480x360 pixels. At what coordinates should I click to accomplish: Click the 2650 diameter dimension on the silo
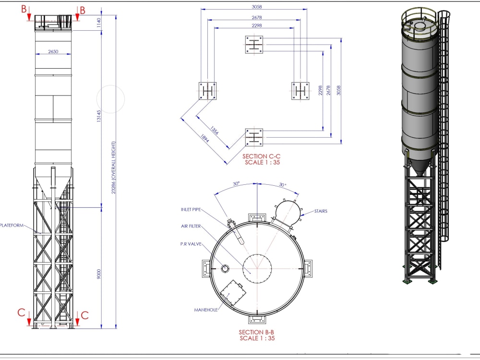[x=53, y=51]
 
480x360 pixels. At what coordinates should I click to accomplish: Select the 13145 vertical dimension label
[x=99, y=115]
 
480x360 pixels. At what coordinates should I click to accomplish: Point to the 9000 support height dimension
[x=99, y=274]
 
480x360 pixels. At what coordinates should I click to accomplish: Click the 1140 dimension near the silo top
[x=99, y=22]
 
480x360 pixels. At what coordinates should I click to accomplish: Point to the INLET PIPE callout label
[x=191, y=210]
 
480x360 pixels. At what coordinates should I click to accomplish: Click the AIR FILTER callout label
[x=191, y=226]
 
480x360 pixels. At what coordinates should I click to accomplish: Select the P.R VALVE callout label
[x=191, y=243]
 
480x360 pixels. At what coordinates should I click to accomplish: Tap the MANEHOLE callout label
[x=206, y=310]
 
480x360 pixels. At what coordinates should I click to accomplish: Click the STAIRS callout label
[x=321, y=211]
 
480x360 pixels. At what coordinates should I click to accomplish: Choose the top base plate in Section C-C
[x=254, y=45]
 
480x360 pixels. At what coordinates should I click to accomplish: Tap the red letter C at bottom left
[x=22, y=313]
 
